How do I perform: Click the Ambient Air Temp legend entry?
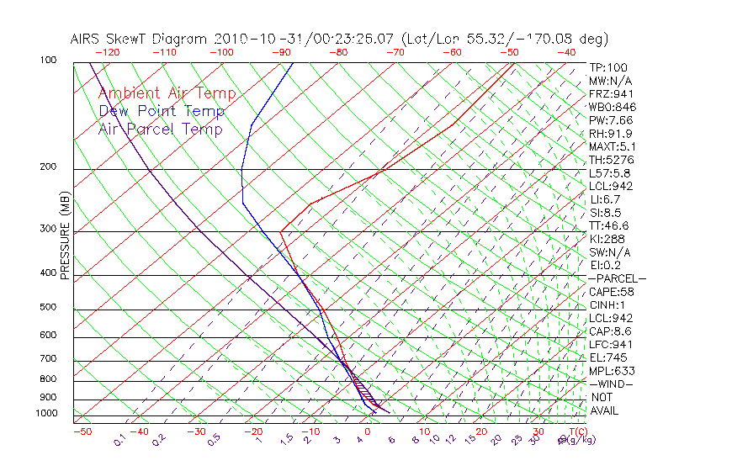point(167,94)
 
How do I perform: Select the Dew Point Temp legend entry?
point(162,112)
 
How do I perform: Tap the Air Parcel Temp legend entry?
point(160,130)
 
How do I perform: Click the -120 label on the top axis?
point(107,52)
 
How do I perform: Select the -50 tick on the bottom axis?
point(82,431)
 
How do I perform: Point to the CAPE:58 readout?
point(610,292)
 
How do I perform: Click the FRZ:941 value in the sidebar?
point(610,93)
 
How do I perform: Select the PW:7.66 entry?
point(610,120)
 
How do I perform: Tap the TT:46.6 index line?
point(610,225)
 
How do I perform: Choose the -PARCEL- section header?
point(617,278)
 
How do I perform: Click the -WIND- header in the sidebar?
point(612,384)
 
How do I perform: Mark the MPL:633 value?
point(610,371)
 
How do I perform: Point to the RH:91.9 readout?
point(610,133)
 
